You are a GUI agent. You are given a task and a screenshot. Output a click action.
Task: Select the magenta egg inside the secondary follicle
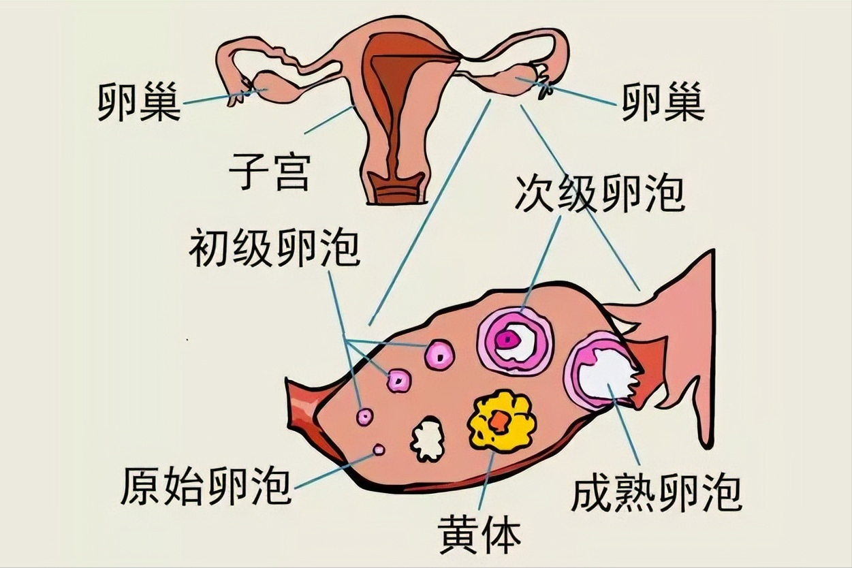[506, 338]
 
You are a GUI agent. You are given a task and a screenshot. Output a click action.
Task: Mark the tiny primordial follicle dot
[379, 449]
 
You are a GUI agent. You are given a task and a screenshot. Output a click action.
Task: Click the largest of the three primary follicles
[439, 354]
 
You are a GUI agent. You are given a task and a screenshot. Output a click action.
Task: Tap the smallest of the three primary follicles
[365, 416]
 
